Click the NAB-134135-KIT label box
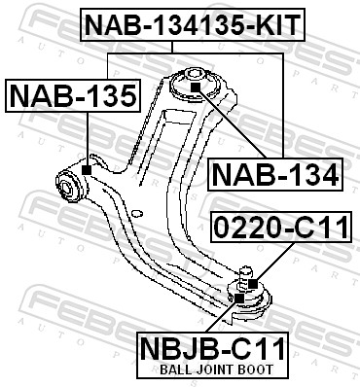pyautogui.click(x=191, y=23)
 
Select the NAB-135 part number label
pyautogui.click(x=73, y=95)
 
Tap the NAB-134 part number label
pyautogui.click(x=275, y=174)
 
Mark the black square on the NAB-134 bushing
pyautogui.click(x=195, y=88)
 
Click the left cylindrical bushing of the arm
pyautogui.click(x=71, y=183)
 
